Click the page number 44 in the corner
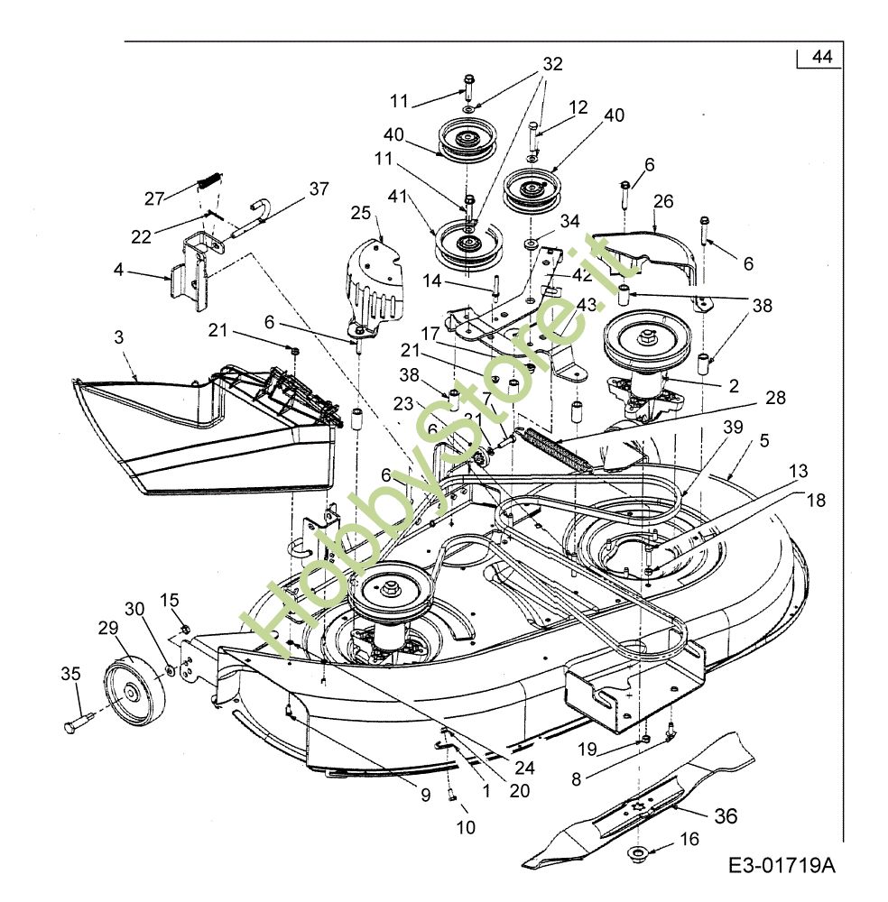tap(820, 57)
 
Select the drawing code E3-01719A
tap(782, 867)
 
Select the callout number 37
tap(319, 189)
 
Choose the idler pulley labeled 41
tap(467, 245)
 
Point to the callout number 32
tap(552, 64)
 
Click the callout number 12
tap(578, 107)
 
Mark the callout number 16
tap(689, 839)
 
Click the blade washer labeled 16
tap(638, 852)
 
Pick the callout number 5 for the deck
tap(763, 441)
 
